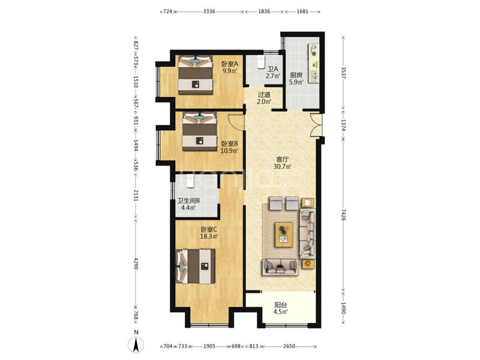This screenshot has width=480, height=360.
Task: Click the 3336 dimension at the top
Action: coord(209,11)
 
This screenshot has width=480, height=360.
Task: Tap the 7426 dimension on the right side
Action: coord(343,215)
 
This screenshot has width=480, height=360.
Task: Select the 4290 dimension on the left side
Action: coord(136,263)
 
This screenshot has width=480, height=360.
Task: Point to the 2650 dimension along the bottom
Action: coord(289,346)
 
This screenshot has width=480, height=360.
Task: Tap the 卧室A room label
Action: coord(230,64)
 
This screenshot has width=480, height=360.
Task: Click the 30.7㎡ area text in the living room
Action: coord(282,167)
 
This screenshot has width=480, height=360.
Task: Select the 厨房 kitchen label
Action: coord(296,74)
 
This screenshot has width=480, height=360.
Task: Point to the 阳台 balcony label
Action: coord(280,305)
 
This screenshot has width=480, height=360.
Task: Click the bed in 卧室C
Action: coord(195,266)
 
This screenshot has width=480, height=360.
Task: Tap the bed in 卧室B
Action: coord(200,131)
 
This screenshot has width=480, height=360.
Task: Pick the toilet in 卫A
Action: coord(261,62)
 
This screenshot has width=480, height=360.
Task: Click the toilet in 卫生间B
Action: coord(190,181)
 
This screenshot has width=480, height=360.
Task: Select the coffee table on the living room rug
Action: coord(284,235)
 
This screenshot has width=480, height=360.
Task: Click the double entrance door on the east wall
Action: coord(316,124)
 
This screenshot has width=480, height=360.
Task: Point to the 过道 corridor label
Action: coord(263,95)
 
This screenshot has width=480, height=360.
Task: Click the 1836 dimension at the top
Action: coord(264,11)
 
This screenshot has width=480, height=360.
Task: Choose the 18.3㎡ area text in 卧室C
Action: coord(209,236)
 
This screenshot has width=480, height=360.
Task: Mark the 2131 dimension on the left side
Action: coord(136,195)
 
